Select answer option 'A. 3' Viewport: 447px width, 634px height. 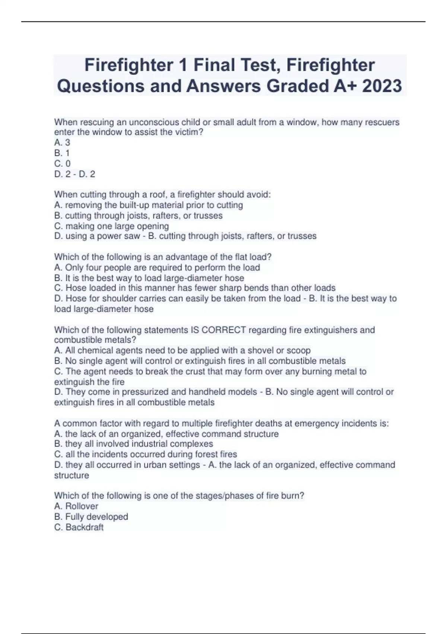click(62, 142)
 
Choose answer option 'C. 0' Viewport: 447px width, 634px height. click(62, 163)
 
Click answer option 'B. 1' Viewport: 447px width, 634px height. click(62, 153)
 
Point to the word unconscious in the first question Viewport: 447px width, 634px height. click(149, 122)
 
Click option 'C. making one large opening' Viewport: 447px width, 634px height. click(111, 226)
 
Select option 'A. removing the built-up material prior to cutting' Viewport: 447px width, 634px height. click(148, 205)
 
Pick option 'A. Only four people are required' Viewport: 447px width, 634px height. click(157, 267)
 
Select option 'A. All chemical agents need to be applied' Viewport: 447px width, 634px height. click(182, 351)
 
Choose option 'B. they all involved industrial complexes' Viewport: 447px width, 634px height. click(133, 444)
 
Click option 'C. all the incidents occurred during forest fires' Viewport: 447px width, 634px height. click(145, 454)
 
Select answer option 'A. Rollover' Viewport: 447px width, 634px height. click(76, 506)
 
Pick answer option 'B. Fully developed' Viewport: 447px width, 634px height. click(91, 517)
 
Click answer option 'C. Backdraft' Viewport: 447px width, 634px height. click(79, 527)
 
